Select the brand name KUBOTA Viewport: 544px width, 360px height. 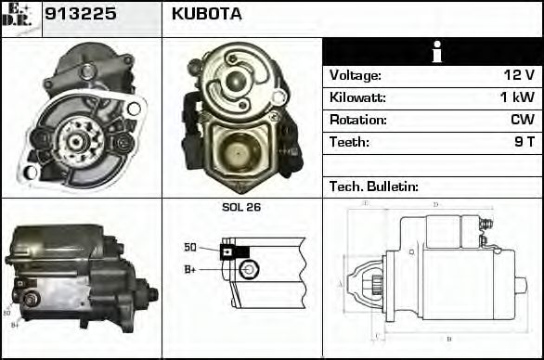point(206,14)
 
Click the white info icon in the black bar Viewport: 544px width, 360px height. point(432,52)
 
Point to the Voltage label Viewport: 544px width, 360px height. point(355,75)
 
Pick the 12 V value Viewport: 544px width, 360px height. point(518,75)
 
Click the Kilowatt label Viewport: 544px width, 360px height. point(357,97)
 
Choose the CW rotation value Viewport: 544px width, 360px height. point(522,120)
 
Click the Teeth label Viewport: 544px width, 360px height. point(349,142)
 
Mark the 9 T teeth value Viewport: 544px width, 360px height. point(524,142)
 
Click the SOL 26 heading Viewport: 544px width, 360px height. point(241,207)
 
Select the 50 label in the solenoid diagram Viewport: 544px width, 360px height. point(189,248)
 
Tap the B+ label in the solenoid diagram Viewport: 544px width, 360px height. point(189,269)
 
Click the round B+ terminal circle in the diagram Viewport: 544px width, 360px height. point(247,270)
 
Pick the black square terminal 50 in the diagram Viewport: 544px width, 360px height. point(227,250)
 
